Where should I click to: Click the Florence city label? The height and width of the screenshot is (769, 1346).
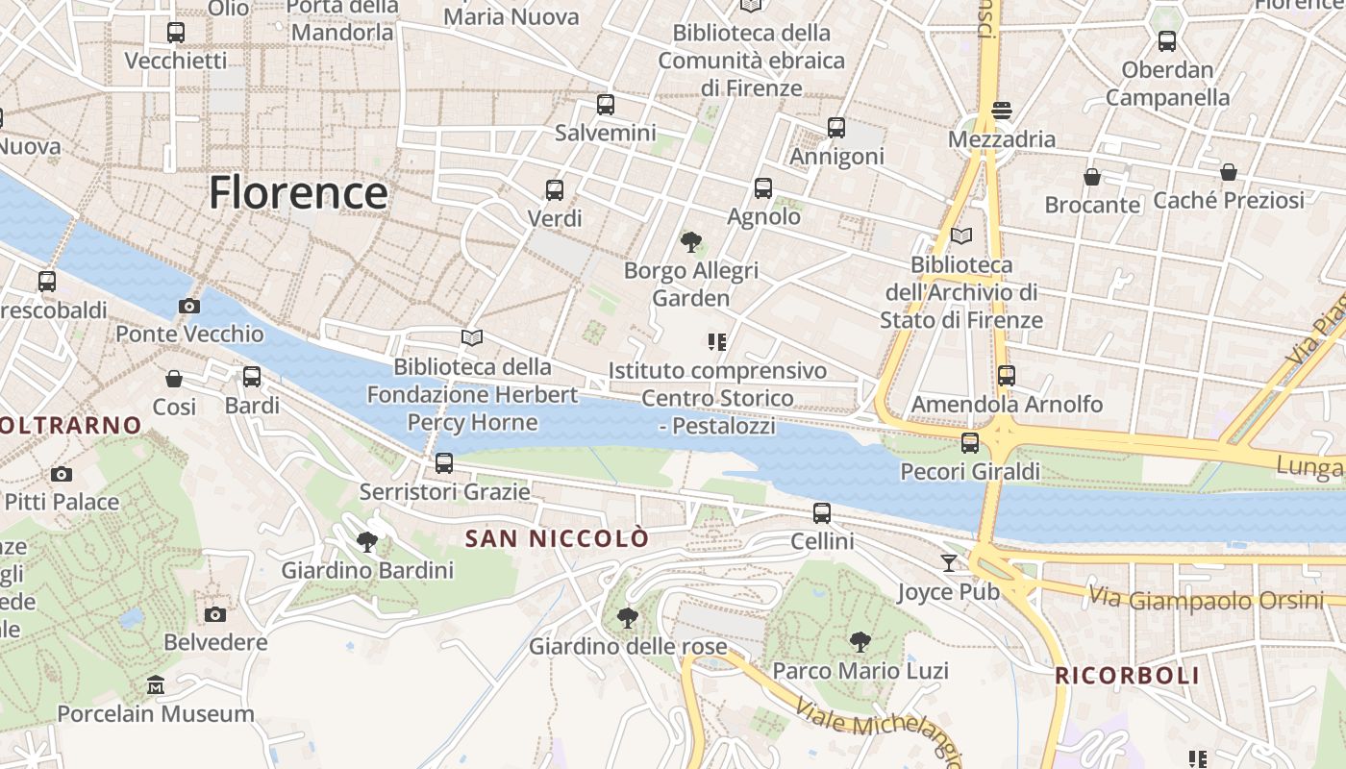[298, 192]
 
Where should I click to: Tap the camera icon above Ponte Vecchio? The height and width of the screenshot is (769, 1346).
[189, 307]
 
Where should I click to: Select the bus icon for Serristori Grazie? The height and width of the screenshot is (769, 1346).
[444, 463]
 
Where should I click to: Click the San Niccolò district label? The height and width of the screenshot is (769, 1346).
[558, 539]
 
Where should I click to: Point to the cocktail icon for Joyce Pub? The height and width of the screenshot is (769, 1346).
[949, 562]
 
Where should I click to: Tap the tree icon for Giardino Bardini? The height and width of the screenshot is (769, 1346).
[366, 542]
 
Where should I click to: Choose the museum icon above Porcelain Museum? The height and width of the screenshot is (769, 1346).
[156, 685]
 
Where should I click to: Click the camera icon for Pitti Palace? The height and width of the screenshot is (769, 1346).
[62, 474]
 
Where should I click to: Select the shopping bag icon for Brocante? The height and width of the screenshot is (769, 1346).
[1092, 177]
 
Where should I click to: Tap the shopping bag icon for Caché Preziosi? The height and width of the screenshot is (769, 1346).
[1228, 172]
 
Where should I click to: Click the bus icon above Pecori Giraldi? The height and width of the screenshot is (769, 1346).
[970, 443]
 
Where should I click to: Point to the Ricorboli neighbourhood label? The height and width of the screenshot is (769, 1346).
[1127, 676]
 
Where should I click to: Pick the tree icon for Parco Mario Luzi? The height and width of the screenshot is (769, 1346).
[860, 642]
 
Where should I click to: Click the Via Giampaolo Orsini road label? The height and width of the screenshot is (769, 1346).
[1206, 600]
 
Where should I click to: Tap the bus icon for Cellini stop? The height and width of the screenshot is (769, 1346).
[822, 513]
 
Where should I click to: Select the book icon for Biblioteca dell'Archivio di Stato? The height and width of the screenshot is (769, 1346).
[960, 236]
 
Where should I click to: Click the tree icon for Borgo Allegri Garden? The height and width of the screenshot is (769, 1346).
[690, 241]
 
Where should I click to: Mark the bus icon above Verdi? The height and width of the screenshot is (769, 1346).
[555, 190]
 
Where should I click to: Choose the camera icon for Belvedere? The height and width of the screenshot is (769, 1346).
[215, 614]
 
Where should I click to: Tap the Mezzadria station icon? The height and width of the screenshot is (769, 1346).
[1002, 111]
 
